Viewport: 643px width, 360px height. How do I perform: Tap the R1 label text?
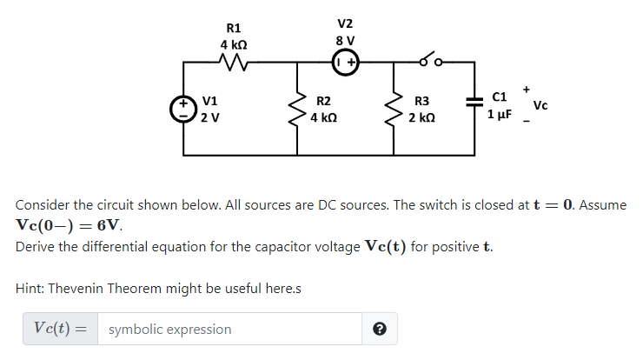(233, 28)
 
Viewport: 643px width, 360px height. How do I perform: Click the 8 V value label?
(345, 40)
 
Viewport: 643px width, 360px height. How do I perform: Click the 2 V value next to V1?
(210, 118)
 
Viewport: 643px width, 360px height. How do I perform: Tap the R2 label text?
(322, 101)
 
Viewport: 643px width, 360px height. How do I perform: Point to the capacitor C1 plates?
(474, 103)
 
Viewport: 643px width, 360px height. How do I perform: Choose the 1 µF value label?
(500, 114)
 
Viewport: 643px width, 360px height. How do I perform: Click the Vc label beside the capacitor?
(540, 106)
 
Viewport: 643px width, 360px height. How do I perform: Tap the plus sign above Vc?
(526, 89)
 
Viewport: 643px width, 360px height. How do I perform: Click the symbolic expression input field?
(229, 329)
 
